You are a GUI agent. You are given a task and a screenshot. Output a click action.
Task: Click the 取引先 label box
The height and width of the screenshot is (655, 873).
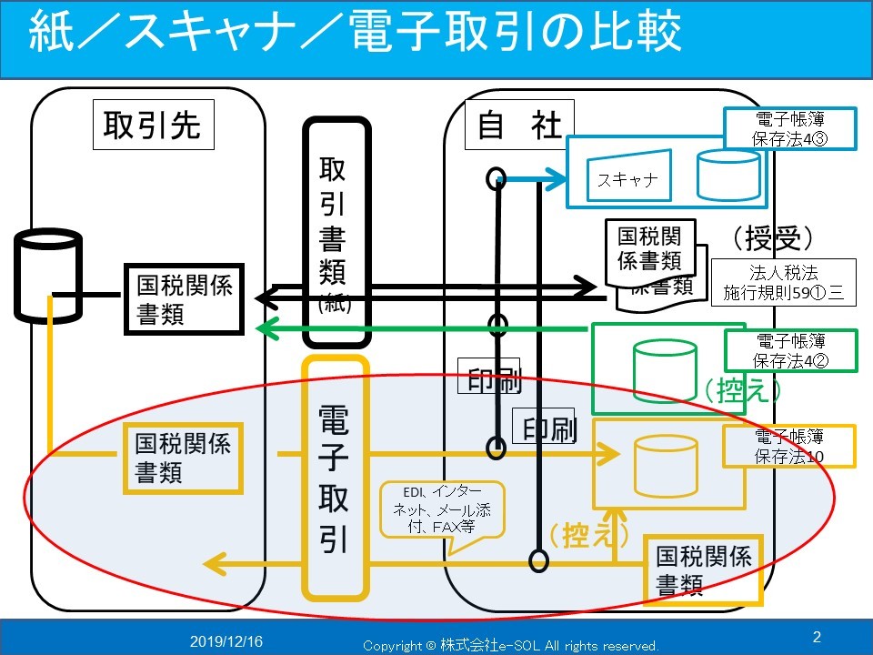pyautogui.click(x=152, y=126)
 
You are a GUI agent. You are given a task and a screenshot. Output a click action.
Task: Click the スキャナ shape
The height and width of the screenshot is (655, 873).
pyautogui.click(x=627, y=176)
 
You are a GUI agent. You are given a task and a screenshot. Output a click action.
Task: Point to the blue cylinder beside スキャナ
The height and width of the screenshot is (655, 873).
pyautogui.click(x=727, y=175)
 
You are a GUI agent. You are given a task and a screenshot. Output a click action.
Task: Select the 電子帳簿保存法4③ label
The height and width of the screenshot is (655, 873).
pyautogui.click(x=789, y=128)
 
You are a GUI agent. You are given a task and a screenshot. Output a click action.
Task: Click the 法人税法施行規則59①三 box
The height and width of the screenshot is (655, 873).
pyautogui.click(x=783, y=281)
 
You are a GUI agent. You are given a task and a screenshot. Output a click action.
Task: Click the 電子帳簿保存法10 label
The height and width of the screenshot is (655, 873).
pyautogui.click(x=789, y=446)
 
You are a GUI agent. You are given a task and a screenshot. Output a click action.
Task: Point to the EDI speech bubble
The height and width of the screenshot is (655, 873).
pyautogui.click(x=439, y=509)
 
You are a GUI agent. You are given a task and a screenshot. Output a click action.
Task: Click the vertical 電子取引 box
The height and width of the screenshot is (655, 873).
pyautogui.click(x=336, y=478)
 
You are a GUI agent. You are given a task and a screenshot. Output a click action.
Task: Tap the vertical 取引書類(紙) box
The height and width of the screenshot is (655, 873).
pyautogui.click(x=336, y=231)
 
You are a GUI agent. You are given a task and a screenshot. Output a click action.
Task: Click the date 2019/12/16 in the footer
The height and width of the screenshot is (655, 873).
pyautogui.click(x=226, y=641)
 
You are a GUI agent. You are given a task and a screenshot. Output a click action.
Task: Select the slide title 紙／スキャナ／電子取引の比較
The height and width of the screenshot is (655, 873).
pyautogui.click(x=355, y=34)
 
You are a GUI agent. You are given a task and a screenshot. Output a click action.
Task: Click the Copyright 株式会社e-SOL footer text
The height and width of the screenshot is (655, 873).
pyautogui.click(x=510, y=645)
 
